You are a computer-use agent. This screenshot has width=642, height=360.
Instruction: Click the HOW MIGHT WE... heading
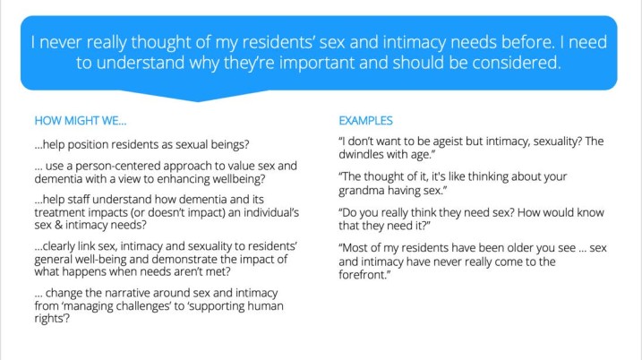81,121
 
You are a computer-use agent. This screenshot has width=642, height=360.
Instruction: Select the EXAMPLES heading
365,121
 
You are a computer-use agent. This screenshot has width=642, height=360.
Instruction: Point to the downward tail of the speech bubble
198,97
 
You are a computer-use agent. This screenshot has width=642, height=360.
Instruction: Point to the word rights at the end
51,319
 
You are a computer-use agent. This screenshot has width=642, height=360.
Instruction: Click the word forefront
363,275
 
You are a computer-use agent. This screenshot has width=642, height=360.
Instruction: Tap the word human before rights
266,306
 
